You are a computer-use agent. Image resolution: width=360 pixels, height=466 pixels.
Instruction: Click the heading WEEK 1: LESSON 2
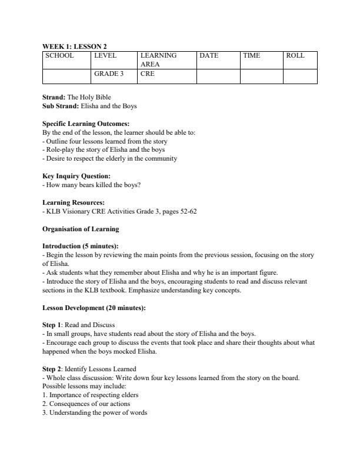(x=75, y=46)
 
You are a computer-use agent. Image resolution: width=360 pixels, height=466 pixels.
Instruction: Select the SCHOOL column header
(x=59, y=55)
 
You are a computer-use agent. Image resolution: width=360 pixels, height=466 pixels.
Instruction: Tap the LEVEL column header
(x=105, y=55)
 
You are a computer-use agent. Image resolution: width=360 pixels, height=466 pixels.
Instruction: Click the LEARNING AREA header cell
(x=158, y=59)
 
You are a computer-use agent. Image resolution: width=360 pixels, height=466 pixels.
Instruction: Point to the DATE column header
(x=209, y=55)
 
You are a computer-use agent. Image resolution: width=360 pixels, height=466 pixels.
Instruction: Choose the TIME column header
(x=251, y=55)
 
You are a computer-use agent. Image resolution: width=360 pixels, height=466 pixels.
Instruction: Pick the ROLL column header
(x=295, y=55)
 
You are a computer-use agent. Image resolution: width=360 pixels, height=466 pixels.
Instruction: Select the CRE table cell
(x=147, y=74)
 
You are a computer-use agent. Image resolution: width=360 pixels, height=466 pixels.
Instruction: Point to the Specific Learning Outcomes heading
(x=86, y=124)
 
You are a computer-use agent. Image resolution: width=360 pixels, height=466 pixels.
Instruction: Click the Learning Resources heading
(x=74, y=202)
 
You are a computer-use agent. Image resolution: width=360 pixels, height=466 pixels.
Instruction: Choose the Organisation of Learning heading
(x=81, y=229)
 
